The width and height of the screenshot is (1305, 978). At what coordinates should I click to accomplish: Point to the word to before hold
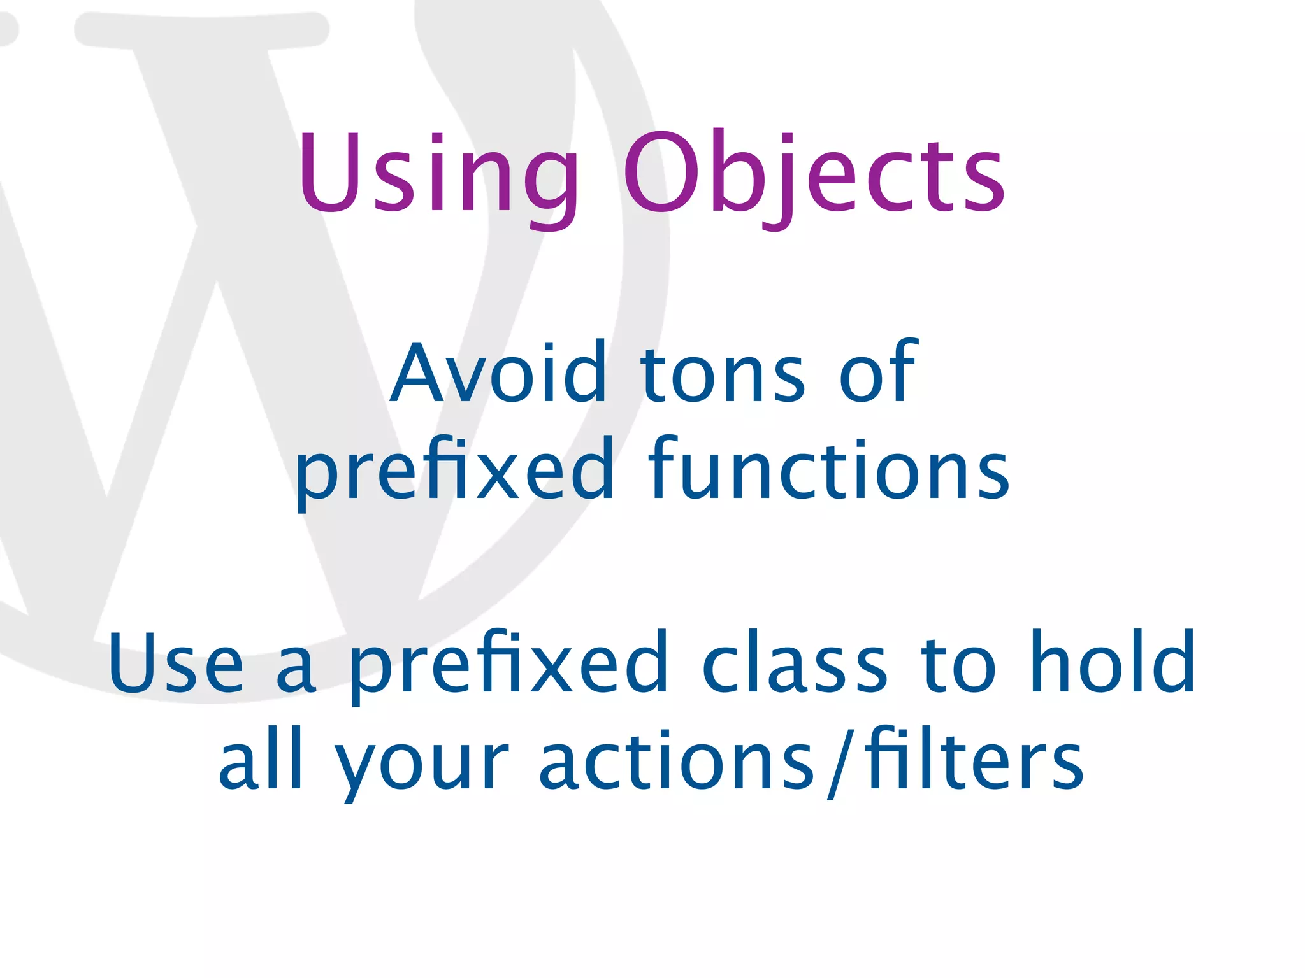point(958,665)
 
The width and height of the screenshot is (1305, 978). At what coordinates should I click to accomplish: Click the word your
point(421,767)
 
